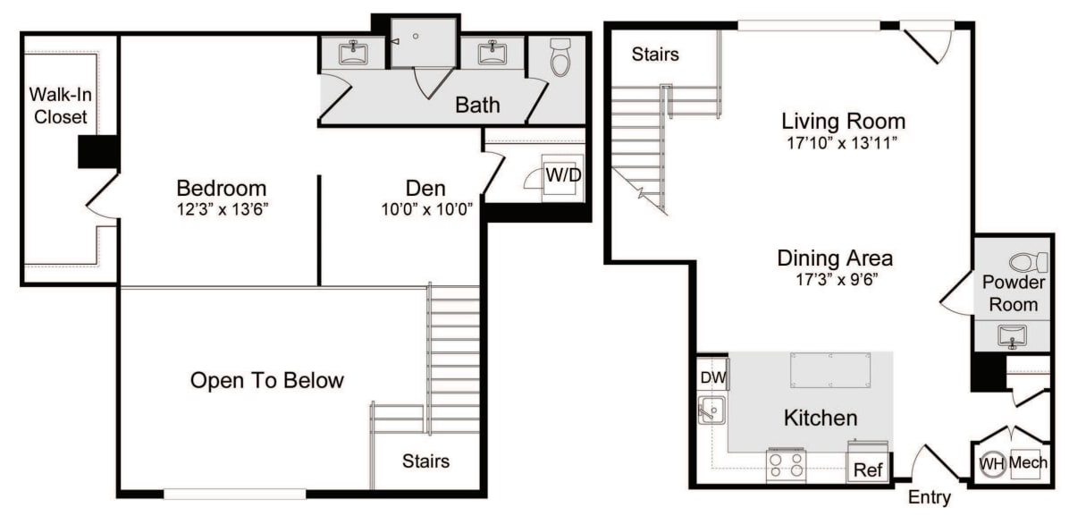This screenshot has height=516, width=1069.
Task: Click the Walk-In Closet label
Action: click(58, 105)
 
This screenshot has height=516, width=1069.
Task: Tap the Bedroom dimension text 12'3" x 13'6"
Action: click(223, 209)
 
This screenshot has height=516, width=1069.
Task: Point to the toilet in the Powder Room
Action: click(1028, 263)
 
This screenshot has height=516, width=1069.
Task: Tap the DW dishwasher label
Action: click(713, 377)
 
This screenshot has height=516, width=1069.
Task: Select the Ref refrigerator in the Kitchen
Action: click(868, 468)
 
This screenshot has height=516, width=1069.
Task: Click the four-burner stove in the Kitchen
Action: click(785, 465)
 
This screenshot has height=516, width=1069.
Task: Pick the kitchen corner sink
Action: click(712, 412)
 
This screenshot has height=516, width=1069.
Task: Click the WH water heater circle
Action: click(991, 463)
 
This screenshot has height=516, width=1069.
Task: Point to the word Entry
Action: click(929, 497)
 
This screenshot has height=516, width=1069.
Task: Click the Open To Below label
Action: click(266, 380)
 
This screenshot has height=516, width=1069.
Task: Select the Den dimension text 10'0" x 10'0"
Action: click(426, 209)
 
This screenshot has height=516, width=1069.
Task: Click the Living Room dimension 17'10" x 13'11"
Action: click(843, 141)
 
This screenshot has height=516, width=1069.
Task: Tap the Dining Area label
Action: click(834, 259)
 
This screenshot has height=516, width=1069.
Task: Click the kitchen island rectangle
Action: click(830, 369)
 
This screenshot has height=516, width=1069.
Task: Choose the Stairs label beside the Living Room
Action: click(655, 54)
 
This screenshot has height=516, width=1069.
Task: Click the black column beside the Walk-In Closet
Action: click(98, 151)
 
